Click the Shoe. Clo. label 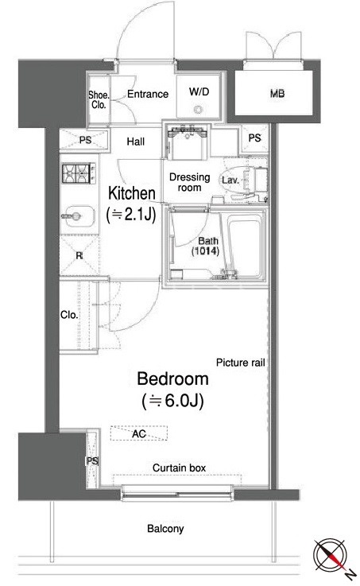99,99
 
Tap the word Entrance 148,94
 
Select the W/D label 199,91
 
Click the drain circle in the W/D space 198,110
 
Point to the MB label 277,94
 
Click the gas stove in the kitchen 78,173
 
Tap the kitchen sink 77,216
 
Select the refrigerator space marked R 79,255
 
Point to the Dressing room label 190,182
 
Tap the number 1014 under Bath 205,251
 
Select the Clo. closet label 69,315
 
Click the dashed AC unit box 139,433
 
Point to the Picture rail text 241,363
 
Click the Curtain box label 180,468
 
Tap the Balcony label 165,529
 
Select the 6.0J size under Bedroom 173,401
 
